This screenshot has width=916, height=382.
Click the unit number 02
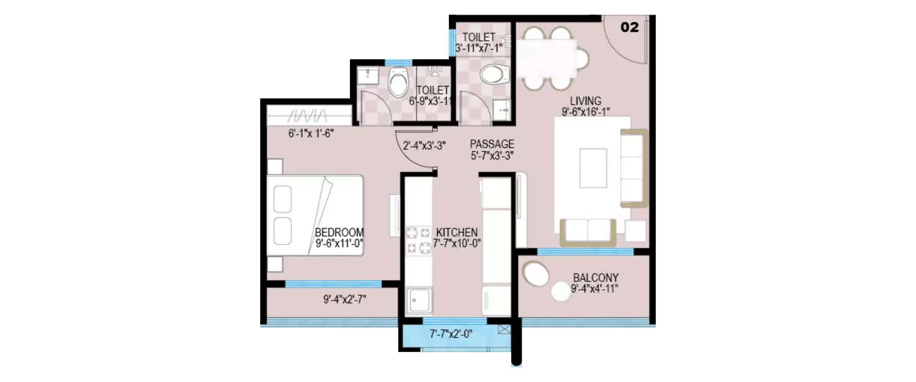630,28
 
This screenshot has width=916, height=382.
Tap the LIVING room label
586,101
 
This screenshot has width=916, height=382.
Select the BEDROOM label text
340,232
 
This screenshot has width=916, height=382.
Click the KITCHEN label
456,232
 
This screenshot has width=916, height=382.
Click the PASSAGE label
492,144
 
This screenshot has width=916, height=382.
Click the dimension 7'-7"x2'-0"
451,334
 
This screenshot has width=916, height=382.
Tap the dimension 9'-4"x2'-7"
344,299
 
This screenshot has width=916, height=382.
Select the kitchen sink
418,299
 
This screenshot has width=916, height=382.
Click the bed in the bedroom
314,215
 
